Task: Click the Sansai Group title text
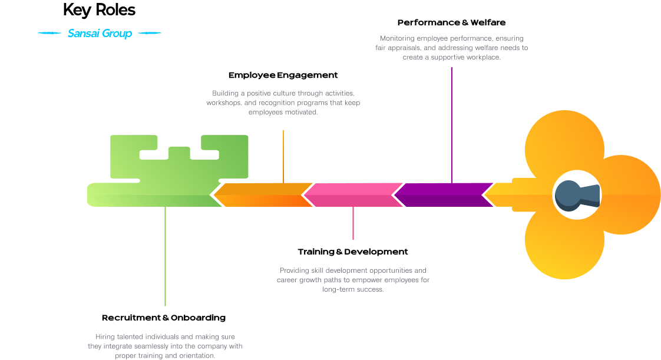coord(100,34)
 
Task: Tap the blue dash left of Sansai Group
coord(49,34)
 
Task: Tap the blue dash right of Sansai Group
coord(149,34)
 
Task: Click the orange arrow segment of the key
coord(263,195)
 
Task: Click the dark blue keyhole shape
coord(574,195)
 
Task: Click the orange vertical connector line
coord(283,156)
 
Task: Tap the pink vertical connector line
coord(353,223)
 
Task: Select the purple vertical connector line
coord(452,124)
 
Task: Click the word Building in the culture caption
coord(225,94)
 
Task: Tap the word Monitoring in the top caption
coord(397,38)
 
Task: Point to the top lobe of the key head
coord(564,144)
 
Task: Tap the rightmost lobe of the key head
coord(630,195)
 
